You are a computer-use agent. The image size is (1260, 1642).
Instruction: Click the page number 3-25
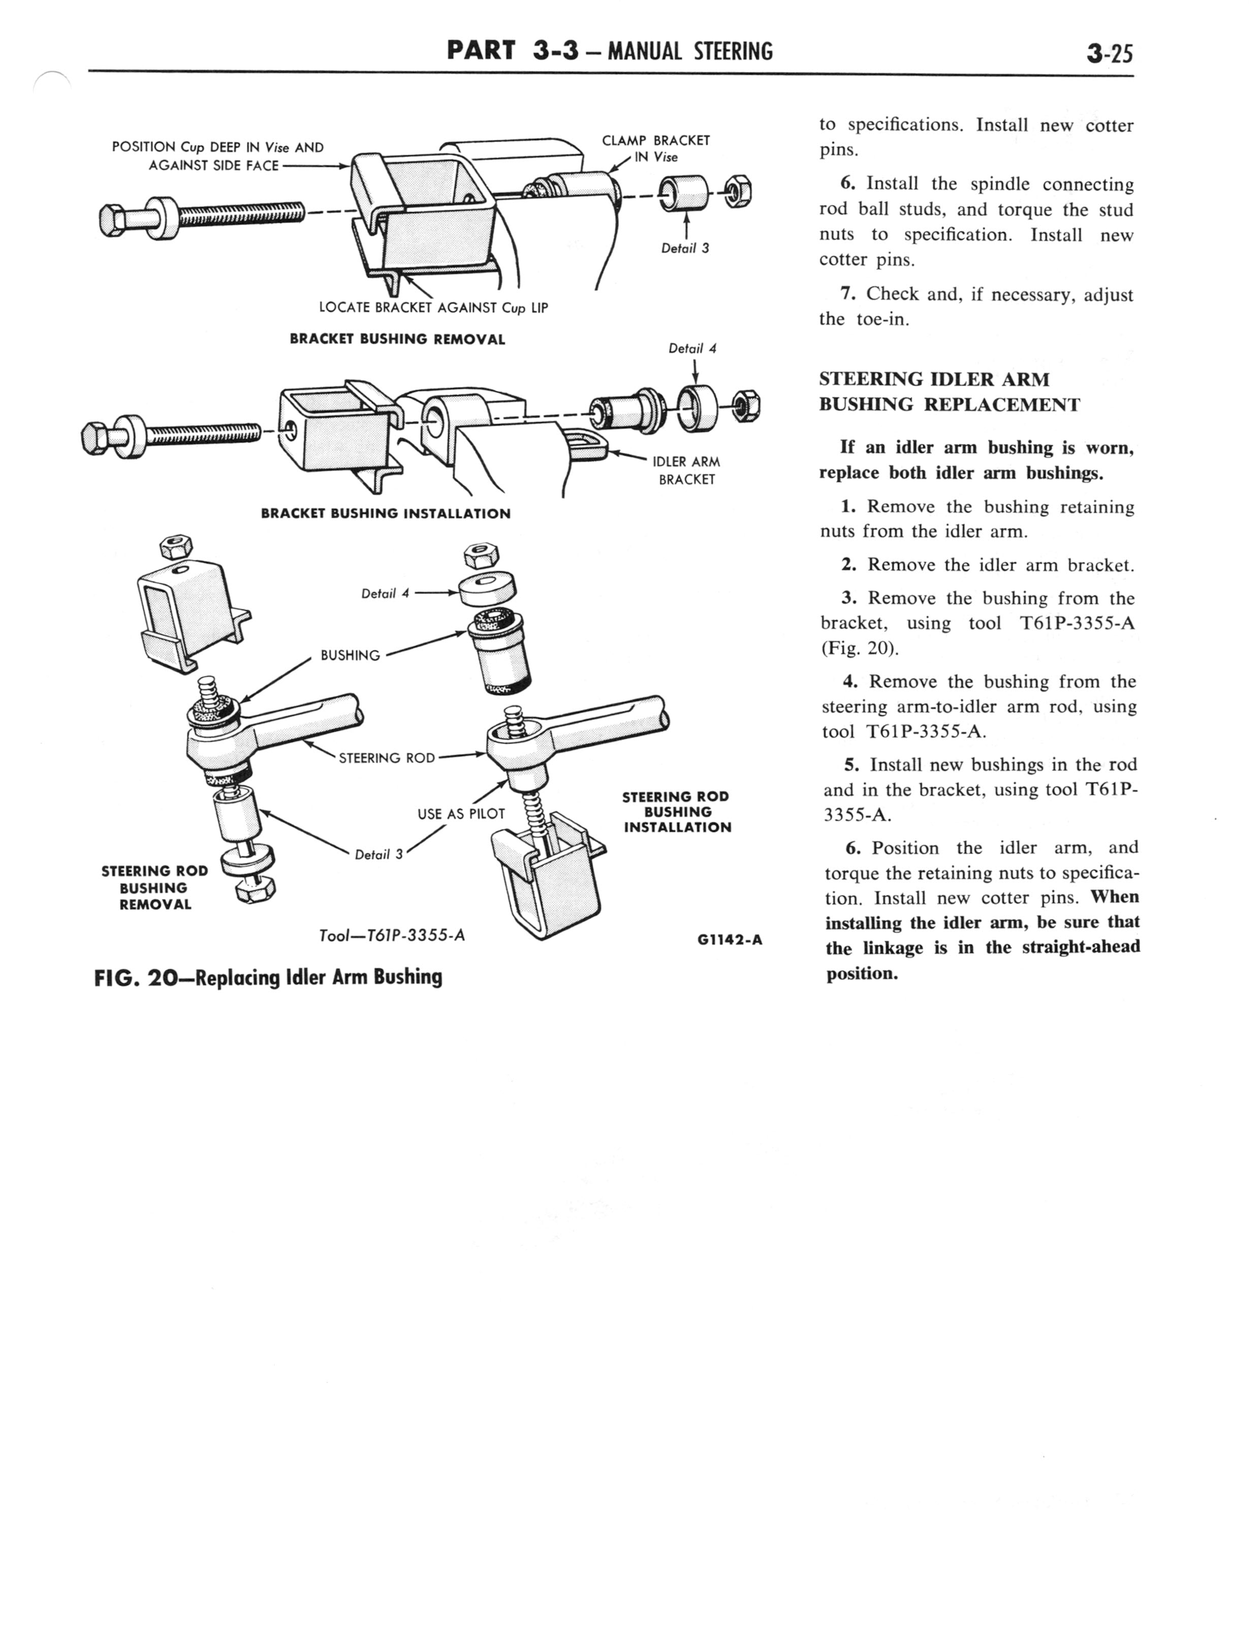[1109, 54]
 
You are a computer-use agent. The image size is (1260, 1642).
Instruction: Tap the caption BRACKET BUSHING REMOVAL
[397, 339]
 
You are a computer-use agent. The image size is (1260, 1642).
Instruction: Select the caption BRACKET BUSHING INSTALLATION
[386, 514]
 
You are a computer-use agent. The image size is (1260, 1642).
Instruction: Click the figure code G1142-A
[729, 940]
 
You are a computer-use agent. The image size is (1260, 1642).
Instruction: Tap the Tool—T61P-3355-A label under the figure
[392, 936]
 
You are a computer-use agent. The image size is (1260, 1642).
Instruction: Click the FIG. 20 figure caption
[268, 977]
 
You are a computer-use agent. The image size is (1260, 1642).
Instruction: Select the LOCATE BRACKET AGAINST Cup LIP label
[433, 308]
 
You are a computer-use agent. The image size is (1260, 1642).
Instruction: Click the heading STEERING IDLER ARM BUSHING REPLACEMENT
[949, 392]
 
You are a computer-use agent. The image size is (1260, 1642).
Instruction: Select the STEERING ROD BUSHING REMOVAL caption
[154, 888]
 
